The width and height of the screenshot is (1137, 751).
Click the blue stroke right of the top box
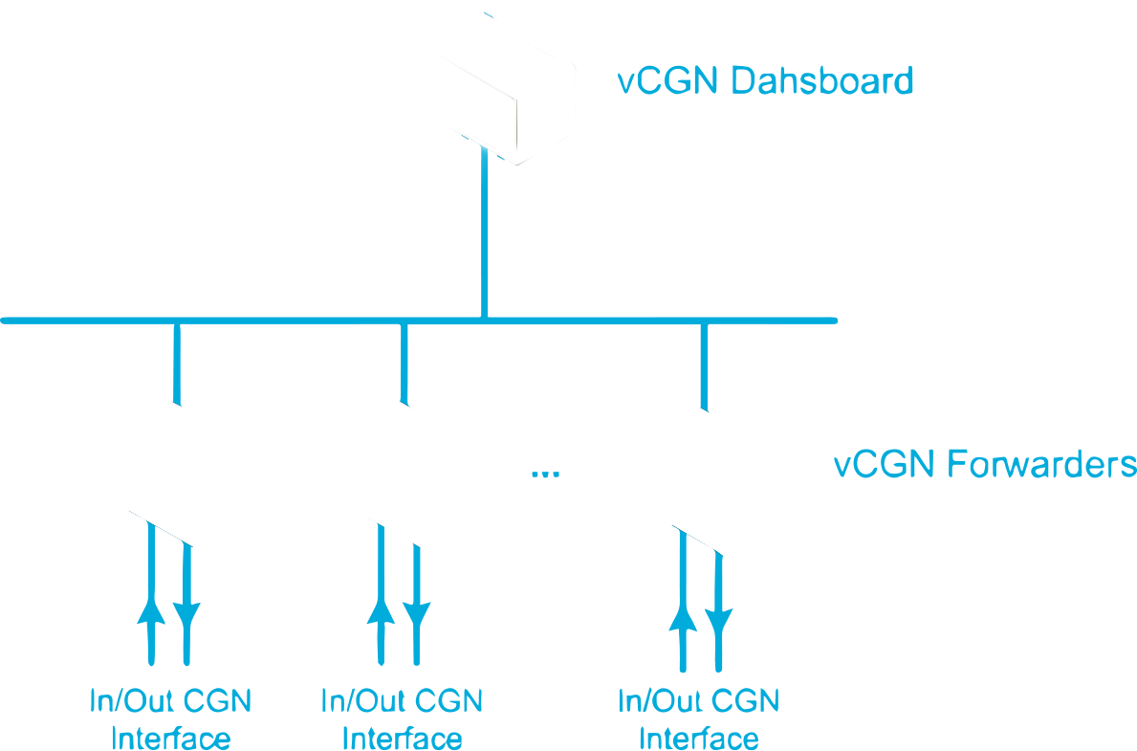pyautogui.click(x=784, y=84)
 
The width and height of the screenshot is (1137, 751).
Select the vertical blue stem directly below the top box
pyautogui.click(x=467, y=220)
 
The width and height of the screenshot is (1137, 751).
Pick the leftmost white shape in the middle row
pyautogui.click(x=182, y=474)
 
